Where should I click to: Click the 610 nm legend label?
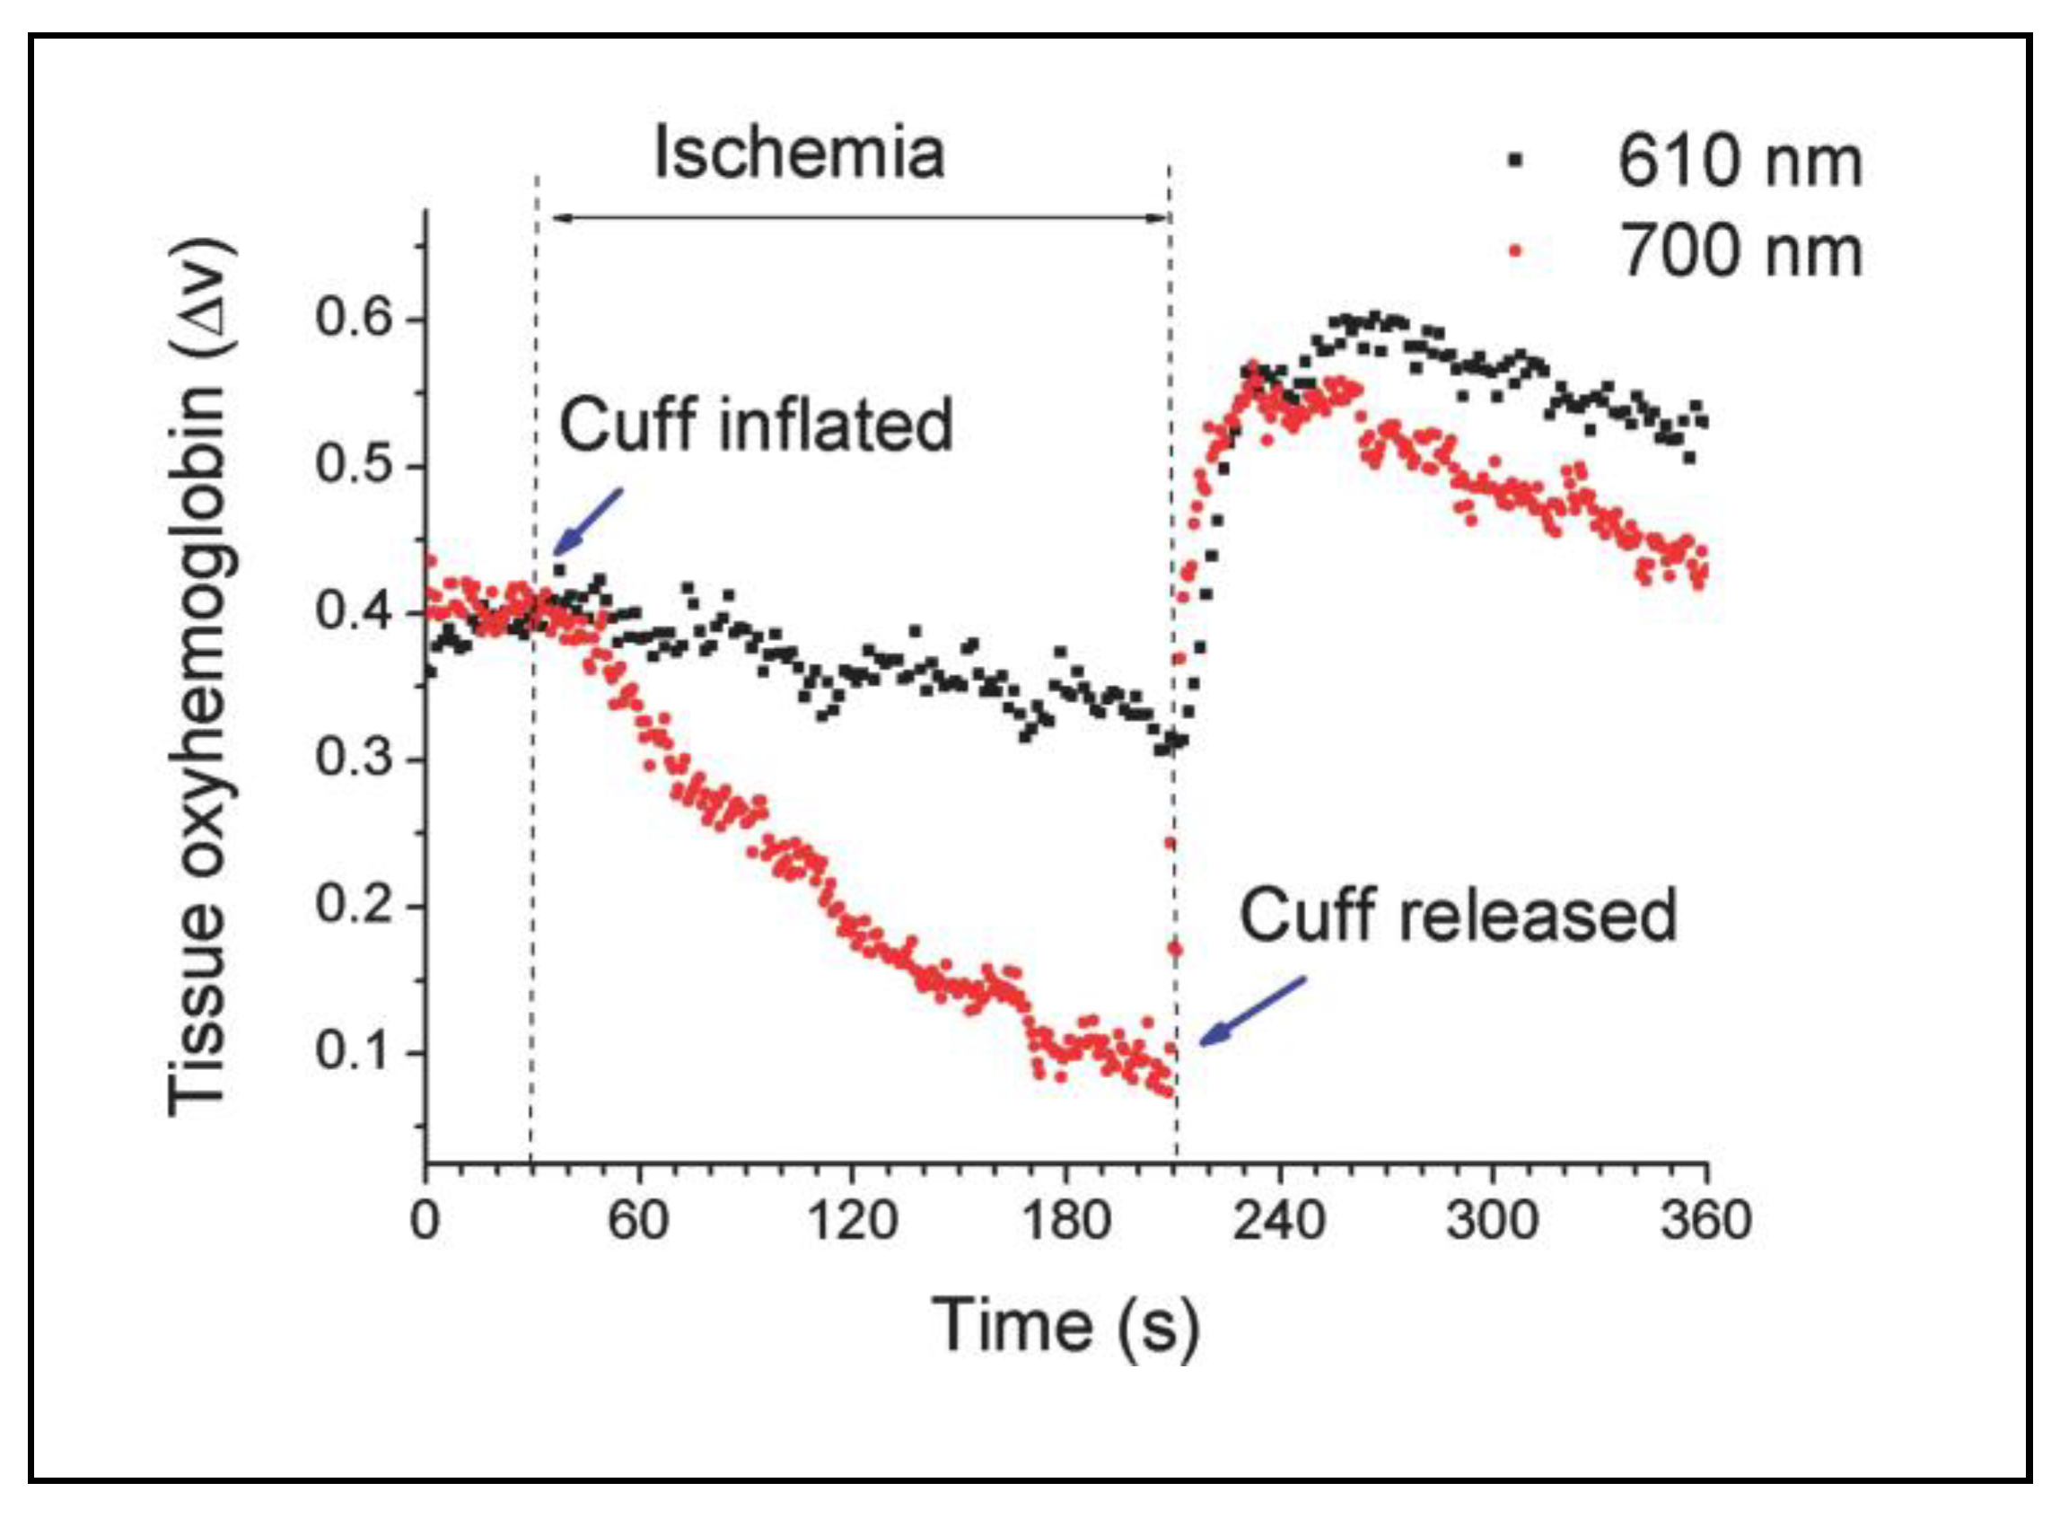click(x=1739, y=162)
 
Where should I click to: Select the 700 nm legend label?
click(x=1739, y=250)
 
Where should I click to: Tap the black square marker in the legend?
click(x=1515, y=161)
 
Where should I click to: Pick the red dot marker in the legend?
click(x=1516, y=248)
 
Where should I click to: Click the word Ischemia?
click(x=799, y=154)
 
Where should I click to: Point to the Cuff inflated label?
click(x=756, y=425)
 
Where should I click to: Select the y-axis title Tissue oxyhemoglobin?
click(x=197, y=676)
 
